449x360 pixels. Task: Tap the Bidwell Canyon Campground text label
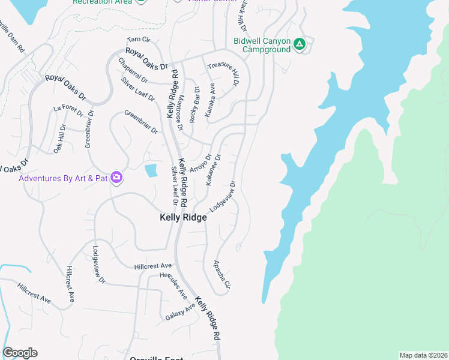click(x=262, y=45)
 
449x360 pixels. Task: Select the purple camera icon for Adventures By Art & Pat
click(x=116, y=178)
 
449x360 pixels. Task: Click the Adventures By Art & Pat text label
click(x=63, y=178)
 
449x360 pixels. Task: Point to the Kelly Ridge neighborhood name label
click(x=183, y=218)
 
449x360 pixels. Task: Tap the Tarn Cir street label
click(x=137, y=40)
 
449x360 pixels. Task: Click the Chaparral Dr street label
click(x=133, y=70)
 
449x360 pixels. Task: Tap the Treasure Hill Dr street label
click(x=223, y=75)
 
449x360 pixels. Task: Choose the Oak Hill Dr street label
click(x=59, y=139)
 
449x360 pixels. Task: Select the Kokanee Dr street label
click(x=214, y=170)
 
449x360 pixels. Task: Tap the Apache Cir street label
click(x=221, y=274)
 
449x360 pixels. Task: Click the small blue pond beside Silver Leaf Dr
click(x=150, y=171)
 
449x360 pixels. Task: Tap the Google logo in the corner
click(x=20, y=353)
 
